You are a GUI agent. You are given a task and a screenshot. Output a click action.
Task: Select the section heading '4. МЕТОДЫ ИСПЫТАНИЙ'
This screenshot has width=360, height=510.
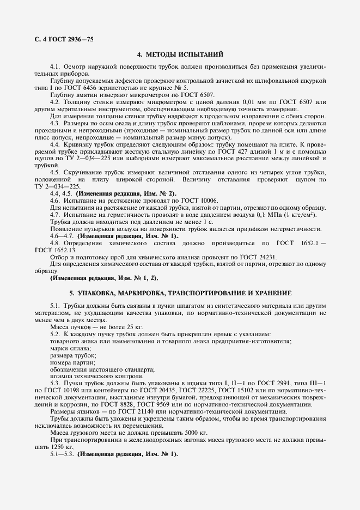[x=180, y=54]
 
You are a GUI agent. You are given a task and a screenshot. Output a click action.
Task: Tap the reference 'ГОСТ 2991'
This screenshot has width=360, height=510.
[x=259, y=384]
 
